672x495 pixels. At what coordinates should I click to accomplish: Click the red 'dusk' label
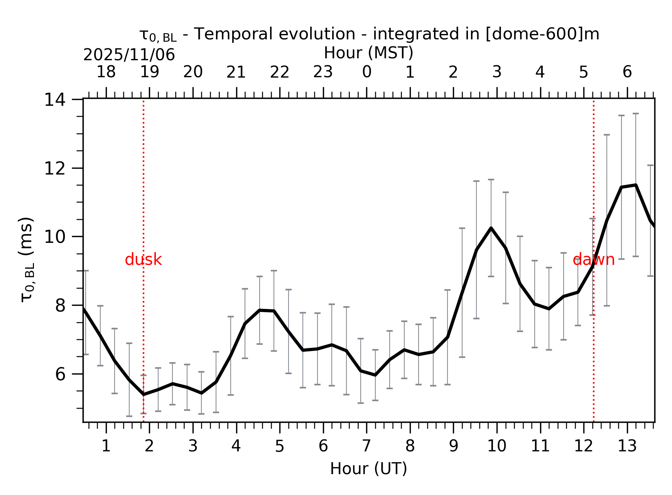click(143, 260)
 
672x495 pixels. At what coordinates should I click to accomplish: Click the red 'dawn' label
click(593, 260)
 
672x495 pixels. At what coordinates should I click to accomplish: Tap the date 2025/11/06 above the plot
click(129, 55)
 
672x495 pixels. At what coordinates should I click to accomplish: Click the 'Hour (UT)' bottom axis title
click(368, 469)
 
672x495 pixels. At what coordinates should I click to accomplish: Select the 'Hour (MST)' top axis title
click(368, 53)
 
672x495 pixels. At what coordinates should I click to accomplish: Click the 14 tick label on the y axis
click(55, 100)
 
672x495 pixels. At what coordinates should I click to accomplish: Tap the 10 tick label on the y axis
click(55, 237)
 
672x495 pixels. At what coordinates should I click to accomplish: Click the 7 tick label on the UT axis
click(366, 446)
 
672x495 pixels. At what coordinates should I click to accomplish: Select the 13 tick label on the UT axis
click(627, 446)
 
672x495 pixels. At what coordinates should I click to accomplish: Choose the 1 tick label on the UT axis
click(106, 446)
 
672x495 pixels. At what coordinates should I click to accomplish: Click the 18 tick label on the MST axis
click(106, 72)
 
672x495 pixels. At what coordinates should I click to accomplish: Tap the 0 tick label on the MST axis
click(366, 72)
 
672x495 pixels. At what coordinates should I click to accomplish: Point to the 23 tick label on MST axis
click(323, 72)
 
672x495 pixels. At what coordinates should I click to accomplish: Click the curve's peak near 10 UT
click(491, 228)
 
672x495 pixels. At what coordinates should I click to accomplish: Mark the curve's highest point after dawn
click(635, 185)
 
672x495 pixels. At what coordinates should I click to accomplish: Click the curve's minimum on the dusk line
click(144, 394)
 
